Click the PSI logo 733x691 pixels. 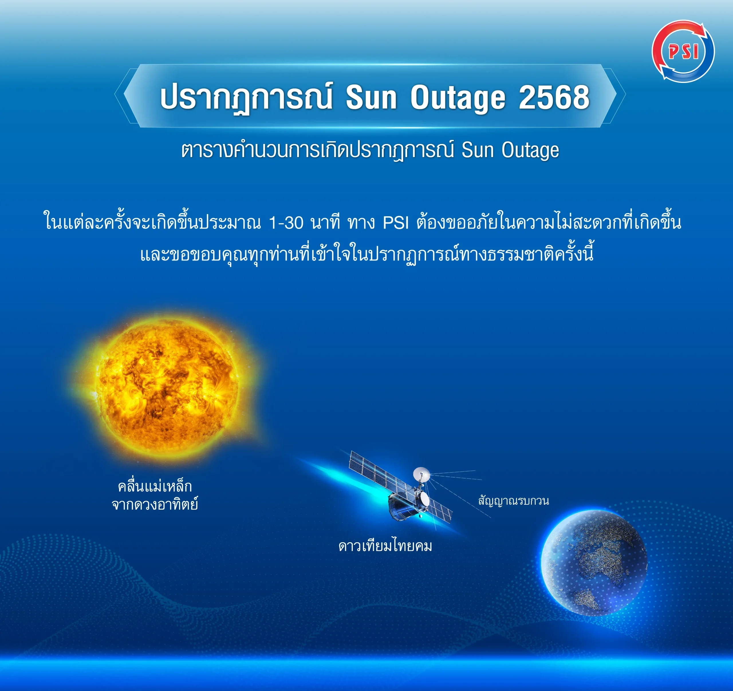coord(683,51)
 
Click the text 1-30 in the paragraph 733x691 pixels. coord(286,223)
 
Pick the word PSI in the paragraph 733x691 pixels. coord(396,223)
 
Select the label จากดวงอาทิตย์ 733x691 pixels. coord(155,504)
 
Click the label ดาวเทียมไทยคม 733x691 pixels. coord(385,546)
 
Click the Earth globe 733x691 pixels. coord(594,563)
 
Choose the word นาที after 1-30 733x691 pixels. coord(325,223)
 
